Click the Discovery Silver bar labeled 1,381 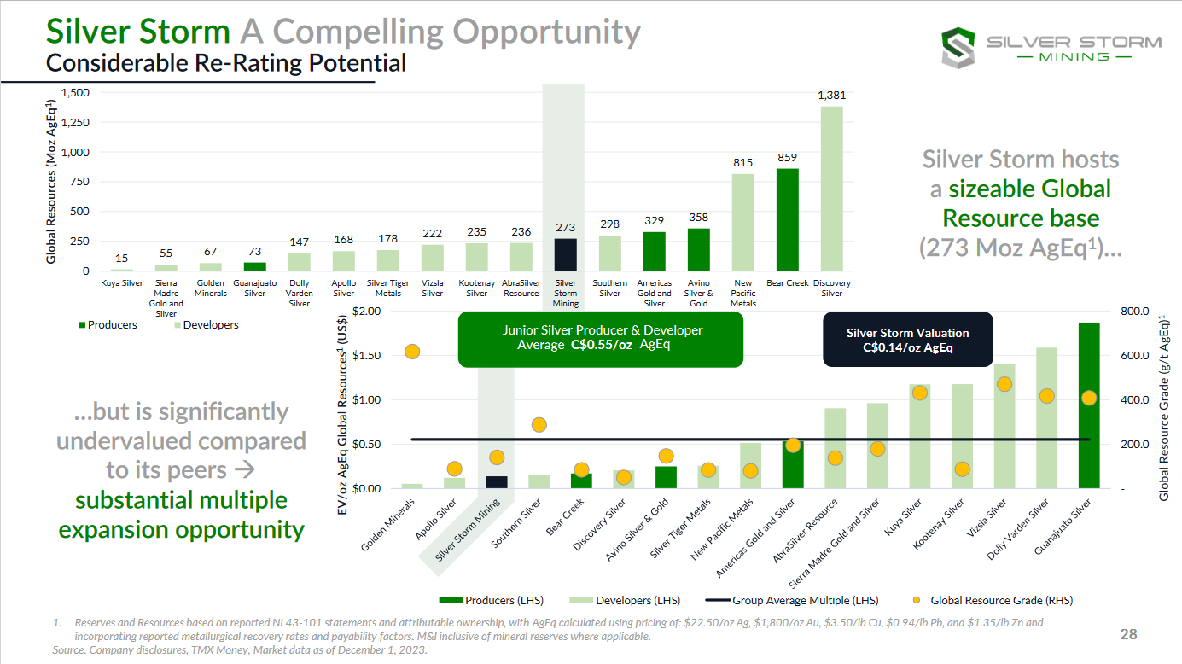(831, 189)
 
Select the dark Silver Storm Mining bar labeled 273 (565, 254)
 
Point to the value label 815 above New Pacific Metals (742, 162)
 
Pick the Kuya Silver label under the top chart (121, 283)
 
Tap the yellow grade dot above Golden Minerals (412, 352)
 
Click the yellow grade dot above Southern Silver (539, 425)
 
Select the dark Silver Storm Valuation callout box (907, 340)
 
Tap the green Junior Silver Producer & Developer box (601, 338)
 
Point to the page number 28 (1128, 634)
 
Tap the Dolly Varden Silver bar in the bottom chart (1046, 418)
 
